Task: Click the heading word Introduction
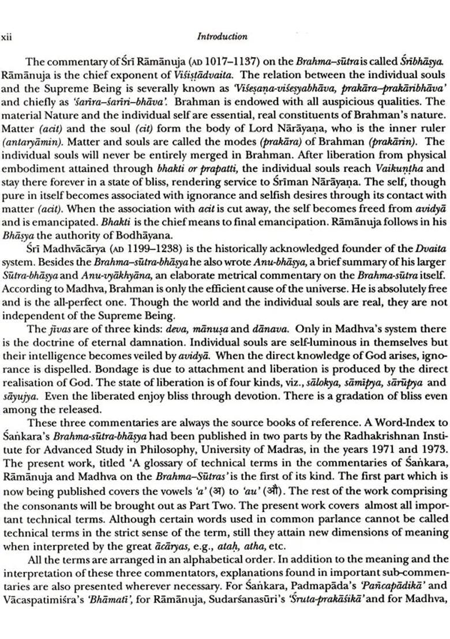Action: (222, 36)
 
